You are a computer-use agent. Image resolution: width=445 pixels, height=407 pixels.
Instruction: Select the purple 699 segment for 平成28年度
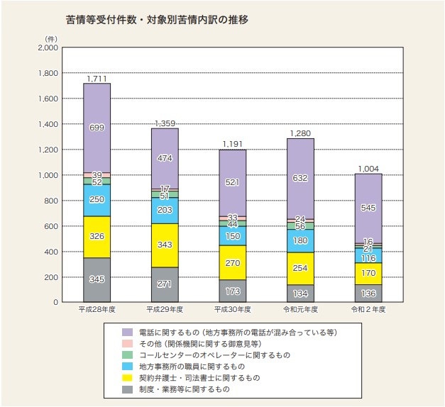coord(97,128)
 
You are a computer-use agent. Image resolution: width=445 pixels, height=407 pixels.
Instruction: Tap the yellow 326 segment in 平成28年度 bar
coord(97,237)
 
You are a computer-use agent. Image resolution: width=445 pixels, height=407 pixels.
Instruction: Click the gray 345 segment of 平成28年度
coord(97,280)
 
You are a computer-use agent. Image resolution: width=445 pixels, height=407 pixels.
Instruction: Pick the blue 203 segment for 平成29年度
coord(165,211)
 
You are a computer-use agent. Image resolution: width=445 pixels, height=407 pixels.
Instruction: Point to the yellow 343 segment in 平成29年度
coord(165,245)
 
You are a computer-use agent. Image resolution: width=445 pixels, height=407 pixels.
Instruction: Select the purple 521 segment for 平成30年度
coord(232,182)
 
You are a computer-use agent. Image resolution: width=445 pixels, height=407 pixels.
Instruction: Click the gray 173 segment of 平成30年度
coord(232,291)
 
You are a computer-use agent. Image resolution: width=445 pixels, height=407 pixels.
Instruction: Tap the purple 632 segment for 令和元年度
coord(300,178)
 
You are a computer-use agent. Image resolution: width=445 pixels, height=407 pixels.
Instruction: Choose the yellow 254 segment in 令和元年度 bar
coord(300,269)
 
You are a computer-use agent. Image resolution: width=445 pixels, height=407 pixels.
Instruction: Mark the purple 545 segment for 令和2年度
coord(368,208)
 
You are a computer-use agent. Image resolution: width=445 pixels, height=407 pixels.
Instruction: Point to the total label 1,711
coord(97,77)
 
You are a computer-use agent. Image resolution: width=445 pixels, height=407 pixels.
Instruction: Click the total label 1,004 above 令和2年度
coord(368,168)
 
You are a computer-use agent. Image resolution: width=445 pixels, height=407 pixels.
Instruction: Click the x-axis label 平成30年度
coord(232,310)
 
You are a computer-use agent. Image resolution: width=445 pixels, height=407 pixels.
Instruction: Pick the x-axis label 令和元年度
coord(300,310)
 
